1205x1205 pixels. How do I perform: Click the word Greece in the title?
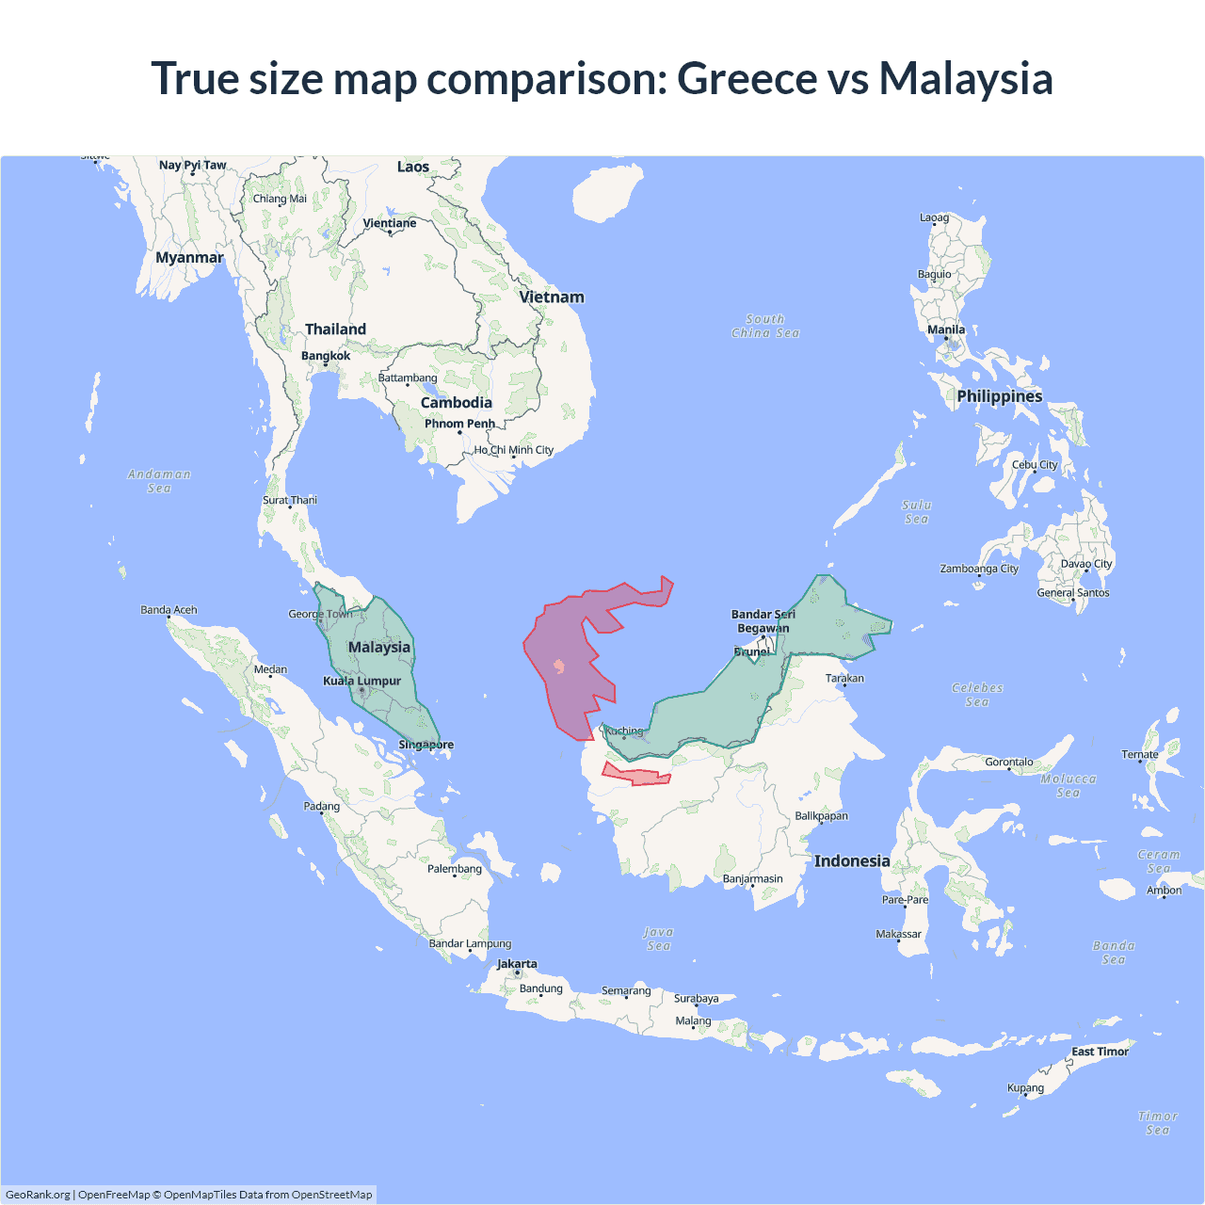747,78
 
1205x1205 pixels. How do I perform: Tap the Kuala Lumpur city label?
362,681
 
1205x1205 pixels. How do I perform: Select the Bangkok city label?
326,356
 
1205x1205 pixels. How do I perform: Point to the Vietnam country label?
552,297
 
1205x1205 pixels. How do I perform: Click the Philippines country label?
999,396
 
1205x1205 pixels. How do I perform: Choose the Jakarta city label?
517,964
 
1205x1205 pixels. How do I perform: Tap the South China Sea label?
765,326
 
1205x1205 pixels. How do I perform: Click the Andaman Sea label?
159,481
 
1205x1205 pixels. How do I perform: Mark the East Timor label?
1100,1052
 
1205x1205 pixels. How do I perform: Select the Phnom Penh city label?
459,424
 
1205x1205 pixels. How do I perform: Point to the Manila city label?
946,329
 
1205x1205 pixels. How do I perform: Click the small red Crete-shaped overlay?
635,776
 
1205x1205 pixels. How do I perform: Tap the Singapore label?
426,745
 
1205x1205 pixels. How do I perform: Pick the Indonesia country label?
852,861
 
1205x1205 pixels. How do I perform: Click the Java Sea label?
659,939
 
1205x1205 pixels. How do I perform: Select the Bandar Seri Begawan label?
763,621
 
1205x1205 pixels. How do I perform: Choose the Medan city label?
270,669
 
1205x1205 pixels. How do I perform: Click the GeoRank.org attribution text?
38,1195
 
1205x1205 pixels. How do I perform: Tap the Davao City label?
1086,564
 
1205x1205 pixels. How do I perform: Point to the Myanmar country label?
189,258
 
